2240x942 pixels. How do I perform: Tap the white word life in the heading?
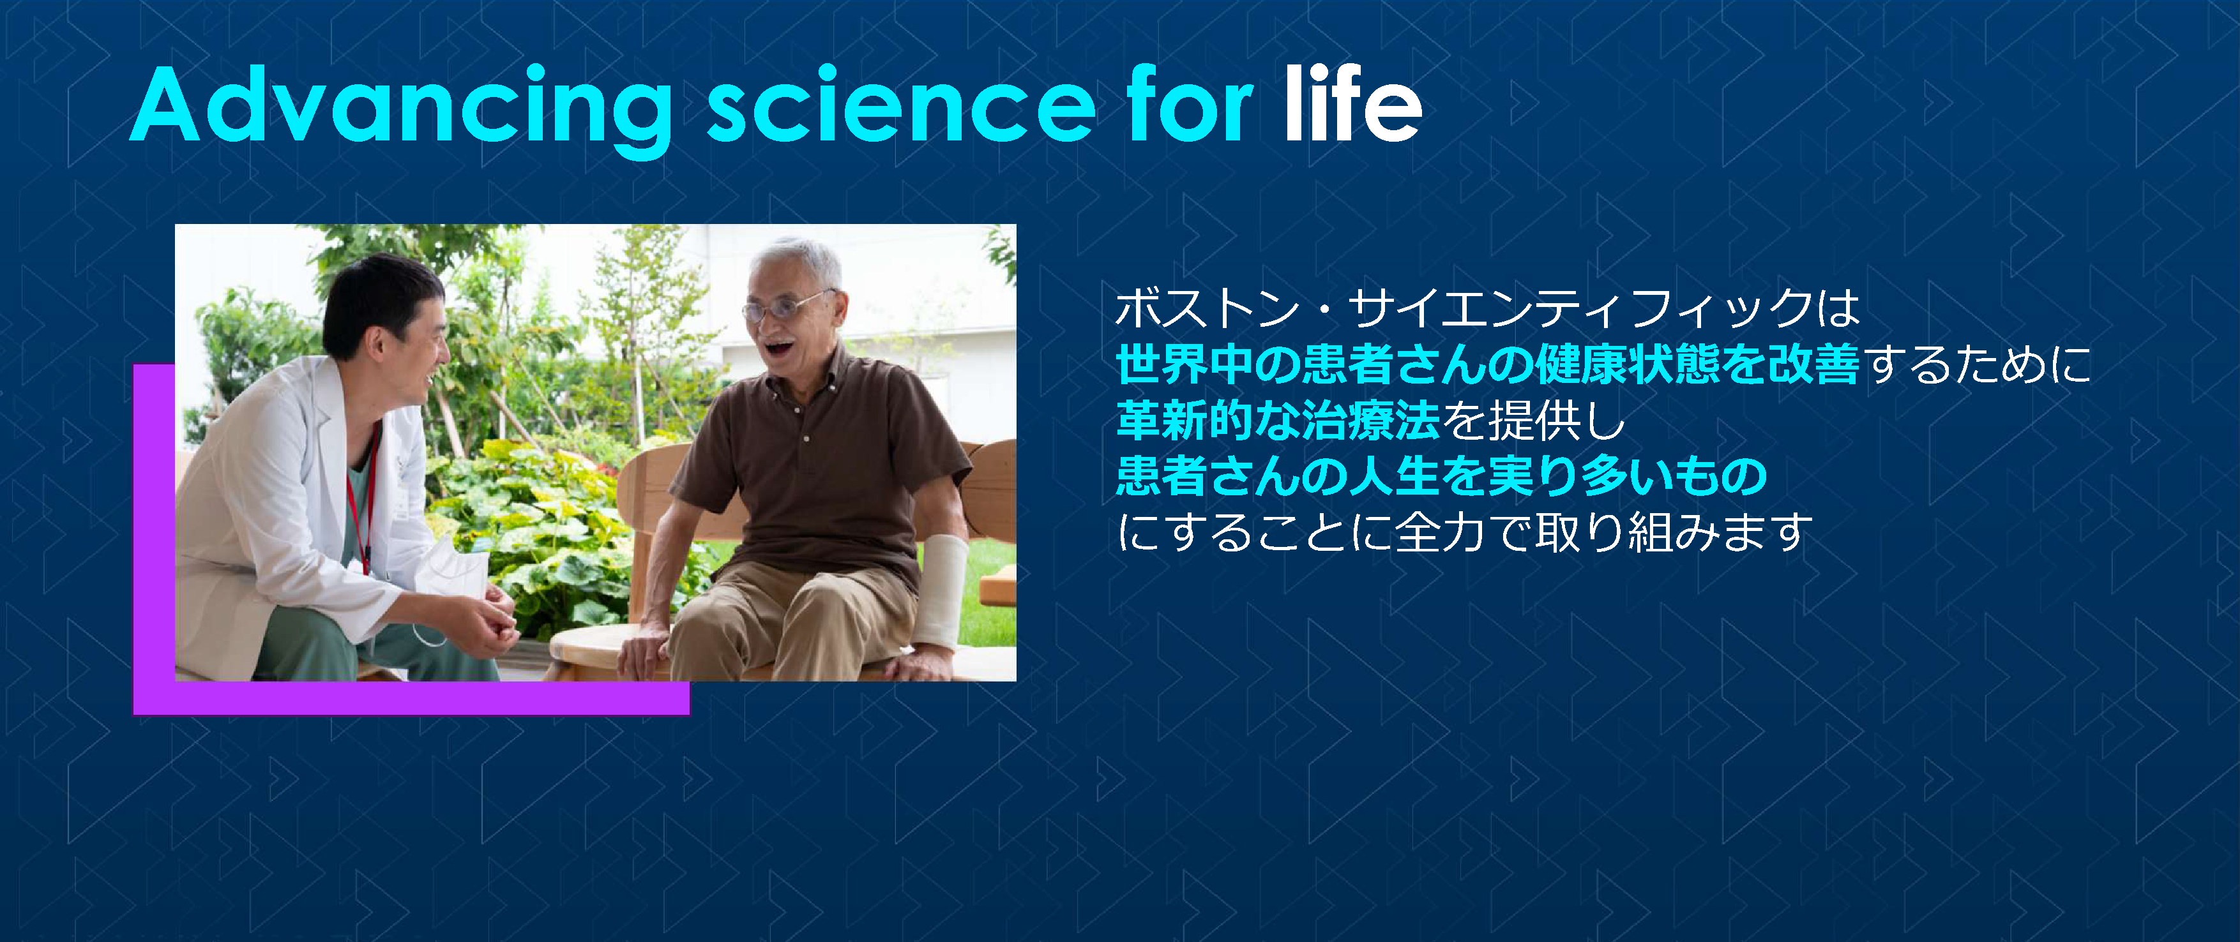coord(1352,106)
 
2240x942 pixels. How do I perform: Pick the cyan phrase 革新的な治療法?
coord(1278,421)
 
